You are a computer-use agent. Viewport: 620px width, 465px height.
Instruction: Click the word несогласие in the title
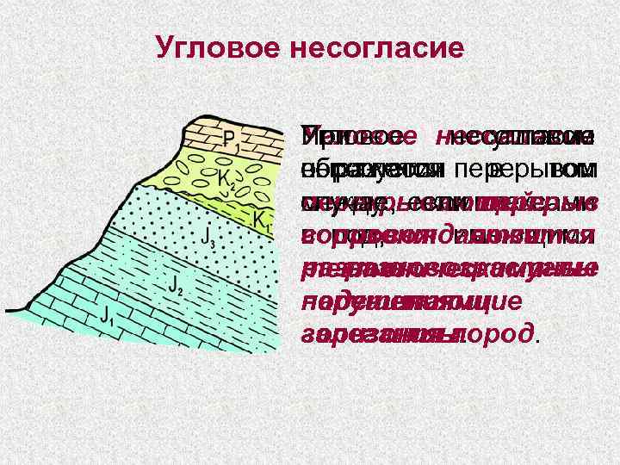pyautogui.click(x=371, y=46)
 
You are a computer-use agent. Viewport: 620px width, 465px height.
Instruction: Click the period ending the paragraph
pyautogui.click(x=537, y=340)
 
